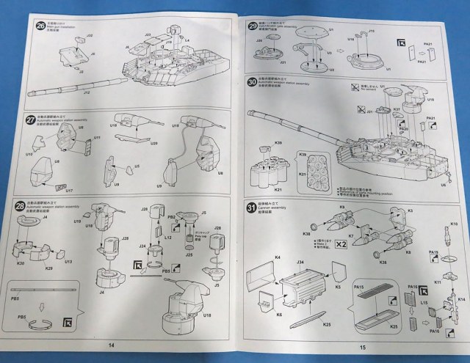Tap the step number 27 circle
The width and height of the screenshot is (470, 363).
point(29,120)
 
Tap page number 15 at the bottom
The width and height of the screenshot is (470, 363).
point(362,347)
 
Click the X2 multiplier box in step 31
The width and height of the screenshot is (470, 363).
point(339,243)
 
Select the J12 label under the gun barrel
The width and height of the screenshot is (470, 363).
point(87,93)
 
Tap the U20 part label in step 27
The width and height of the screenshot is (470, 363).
point(153,143)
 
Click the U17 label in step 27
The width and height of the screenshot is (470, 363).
point(68,191)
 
